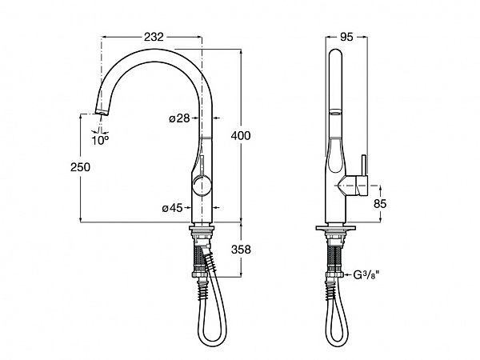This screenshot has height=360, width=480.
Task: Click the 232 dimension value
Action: [154, 37]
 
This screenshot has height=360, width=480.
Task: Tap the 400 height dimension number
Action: [241, 135]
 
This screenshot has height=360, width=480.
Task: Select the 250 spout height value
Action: [81, 167]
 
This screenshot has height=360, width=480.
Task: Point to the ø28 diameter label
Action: [179, 118]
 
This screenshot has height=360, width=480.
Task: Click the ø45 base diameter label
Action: [172, 208]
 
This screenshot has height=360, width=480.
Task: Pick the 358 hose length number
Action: [241, 250]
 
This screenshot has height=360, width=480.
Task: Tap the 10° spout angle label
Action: [100, 141]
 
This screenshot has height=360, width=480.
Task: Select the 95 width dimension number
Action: [346, 37]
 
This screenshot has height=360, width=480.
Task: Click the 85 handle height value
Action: [380, 203]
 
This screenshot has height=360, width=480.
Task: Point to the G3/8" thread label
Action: [366, 275]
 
